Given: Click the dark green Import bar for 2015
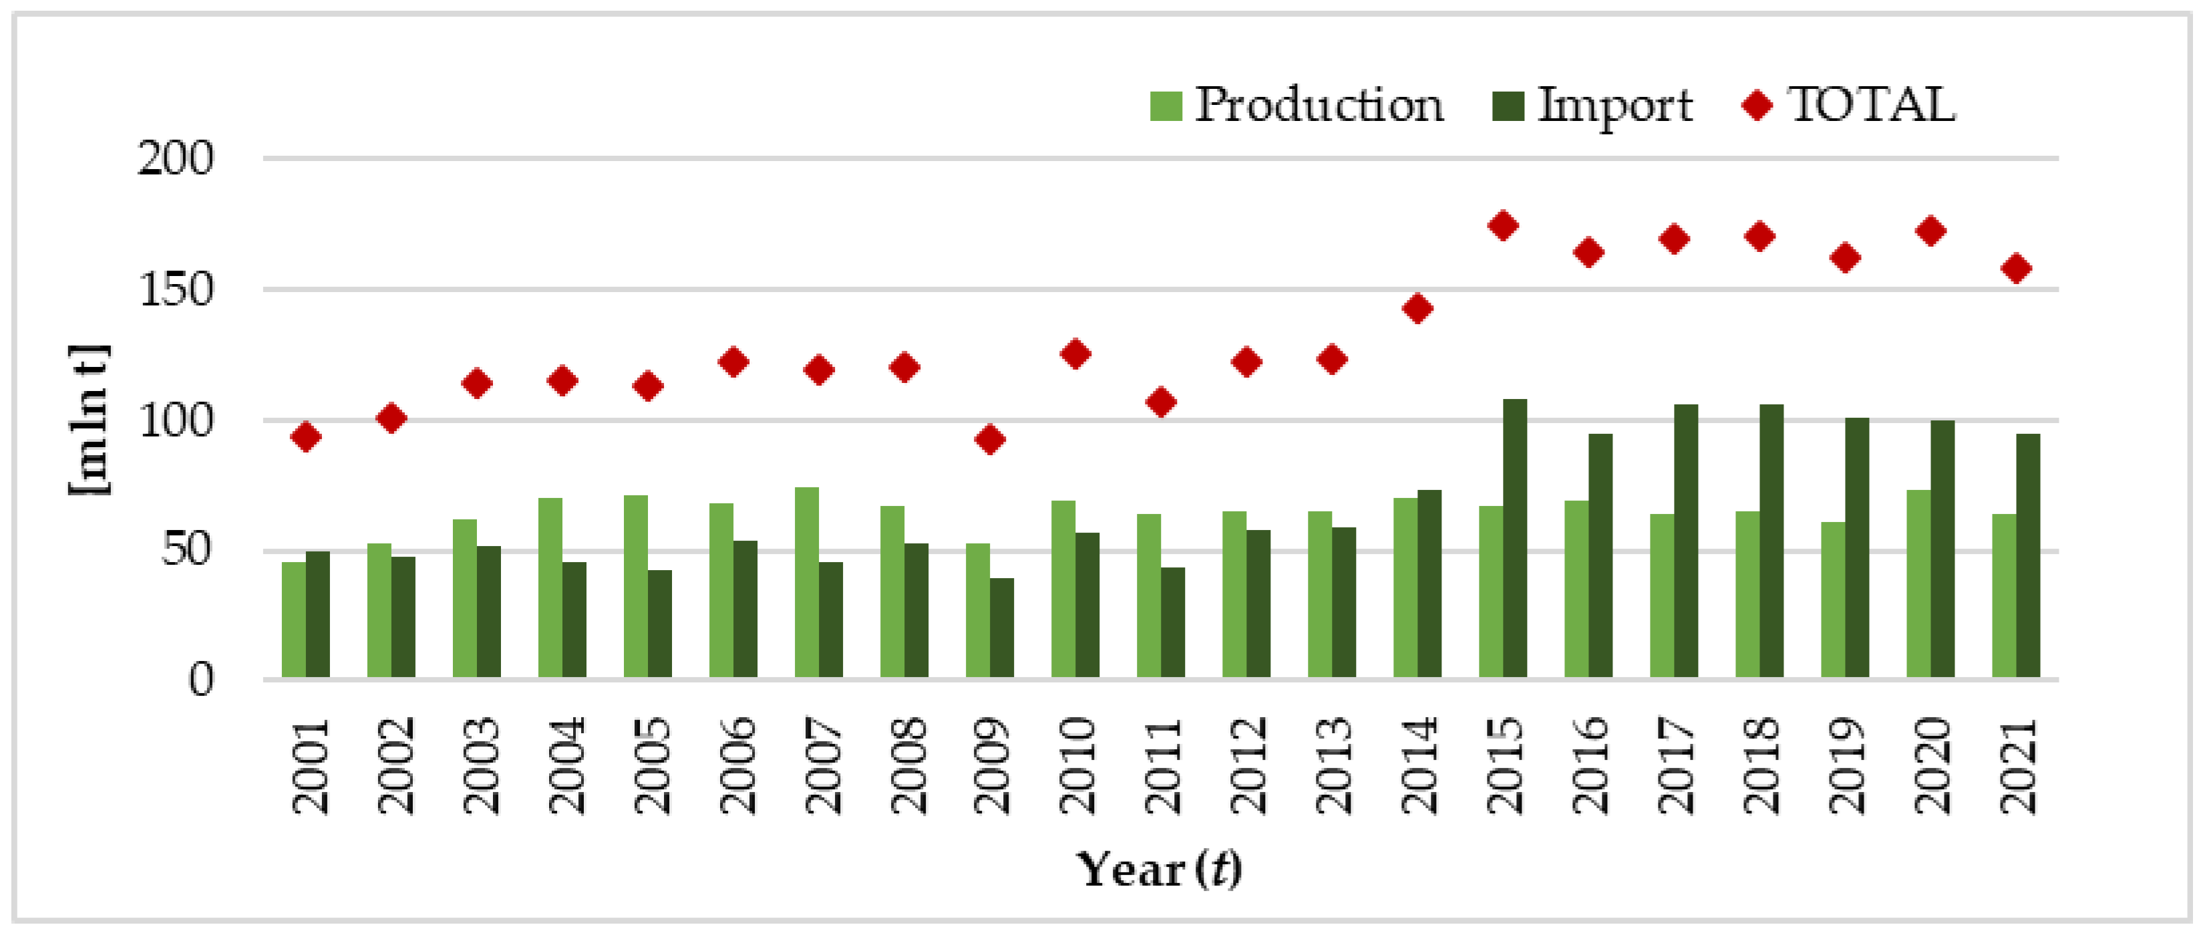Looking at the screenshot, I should click(1514, 539).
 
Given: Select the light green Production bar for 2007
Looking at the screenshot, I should click(806, 583).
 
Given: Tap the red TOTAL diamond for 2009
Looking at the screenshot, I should click(989, 440).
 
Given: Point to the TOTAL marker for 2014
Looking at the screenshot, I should click(1417, 309).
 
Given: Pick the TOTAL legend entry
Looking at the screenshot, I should click(1849, 106).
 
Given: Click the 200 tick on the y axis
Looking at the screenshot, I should click(175, 159).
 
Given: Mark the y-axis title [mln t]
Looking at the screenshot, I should click(89, 420).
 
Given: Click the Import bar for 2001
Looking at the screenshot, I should click(318, 616).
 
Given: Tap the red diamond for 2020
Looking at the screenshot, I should click(1930, 231).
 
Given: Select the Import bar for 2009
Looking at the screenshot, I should click(1001, 628).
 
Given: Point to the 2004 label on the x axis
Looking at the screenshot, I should click(563, 767).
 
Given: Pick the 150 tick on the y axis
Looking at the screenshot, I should click(175, 291).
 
